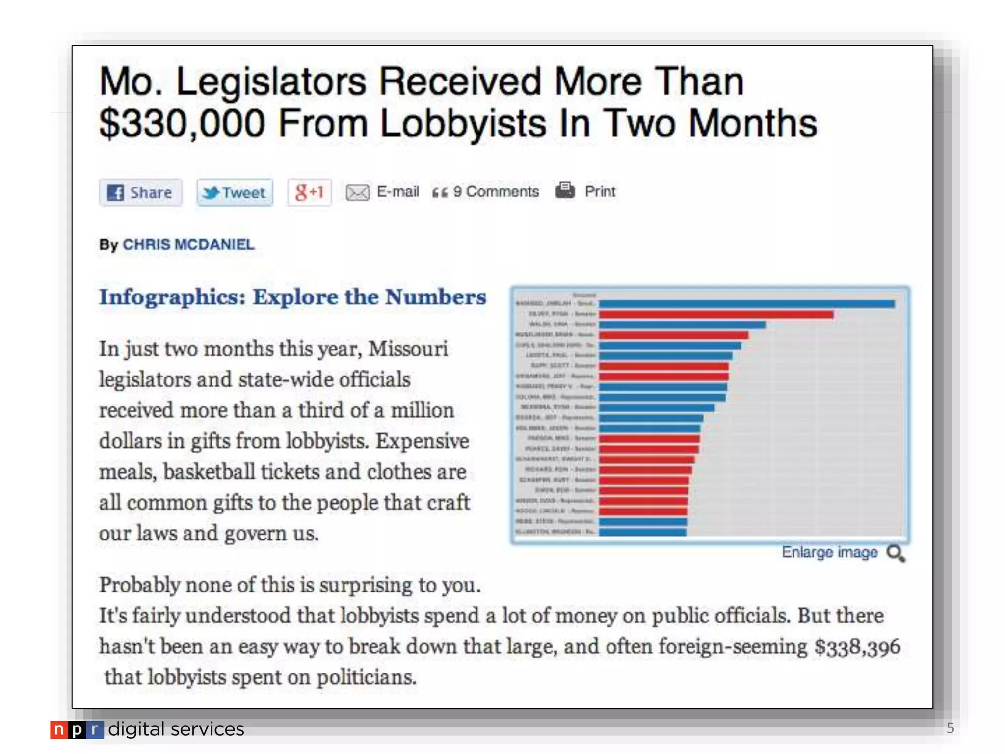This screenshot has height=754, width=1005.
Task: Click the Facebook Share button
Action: click(140, 192)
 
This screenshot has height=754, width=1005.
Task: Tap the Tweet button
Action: click(235, 192)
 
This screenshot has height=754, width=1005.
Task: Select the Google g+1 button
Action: click(309, 192)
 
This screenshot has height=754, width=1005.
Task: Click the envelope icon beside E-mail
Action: click(358, 192)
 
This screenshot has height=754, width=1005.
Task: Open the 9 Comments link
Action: click(496, 191)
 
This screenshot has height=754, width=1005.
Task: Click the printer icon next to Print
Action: click(565, 190)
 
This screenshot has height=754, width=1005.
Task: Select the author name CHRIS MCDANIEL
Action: click(188, 244)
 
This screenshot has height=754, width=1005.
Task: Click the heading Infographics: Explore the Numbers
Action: click(292, 297)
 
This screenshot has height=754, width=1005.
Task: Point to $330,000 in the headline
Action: click(182, 123)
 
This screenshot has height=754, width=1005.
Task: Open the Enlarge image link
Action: click(829, 552)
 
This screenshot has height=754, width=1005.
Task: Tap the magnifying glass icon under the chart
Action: click(896, 554)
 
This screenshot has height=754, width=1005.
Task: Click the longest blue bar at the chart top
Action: click(746, 304)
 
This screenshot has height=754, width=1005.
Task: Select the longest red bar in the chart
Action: click(715, 314)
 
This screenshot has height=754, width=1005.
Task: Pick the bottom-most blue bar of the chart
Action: click(642, 532)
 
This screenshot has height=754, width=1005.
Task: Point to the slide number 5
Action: click(950, 728)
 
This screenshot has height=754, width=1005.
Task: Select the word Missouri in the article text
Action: click(408, 349)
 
